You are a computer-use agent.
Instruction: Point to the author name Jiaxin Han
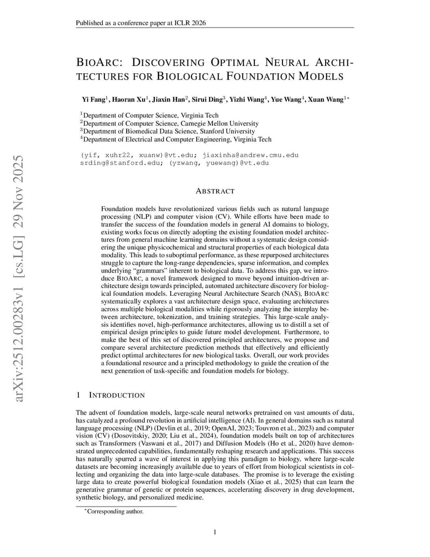tap(169, 99)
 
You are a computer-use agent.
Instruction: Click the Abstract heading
tap(215, 191)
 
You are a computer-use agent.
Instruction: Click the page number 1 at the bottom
tap(215, 532)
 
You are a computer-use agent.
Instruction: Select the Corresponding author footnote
tap(114, 511)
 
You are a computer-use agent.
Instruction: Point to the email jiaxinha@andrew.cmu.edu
tap(250, 155)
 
